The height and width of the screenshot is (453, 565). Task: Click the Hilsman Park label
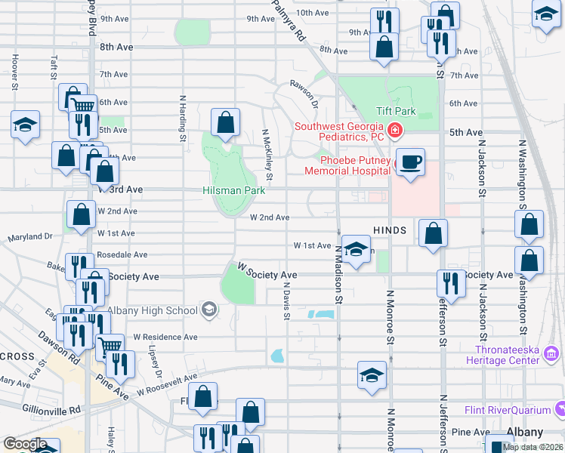point(234,191)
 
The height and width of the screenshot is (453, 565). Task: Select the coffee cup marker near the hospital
point(409,163)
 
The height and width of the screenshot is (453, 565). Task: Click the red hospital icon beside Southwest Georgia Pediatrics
point(394,133)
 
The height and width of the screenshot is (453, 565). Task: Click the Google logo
point(25,444)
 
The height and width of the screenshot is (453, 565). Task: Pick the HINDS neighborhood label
point(390,230)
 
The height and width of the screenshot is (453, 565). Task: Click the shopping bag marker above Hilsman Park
point(225,123)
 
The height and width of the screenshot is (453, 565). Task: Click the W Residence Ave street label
point(165,337)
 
